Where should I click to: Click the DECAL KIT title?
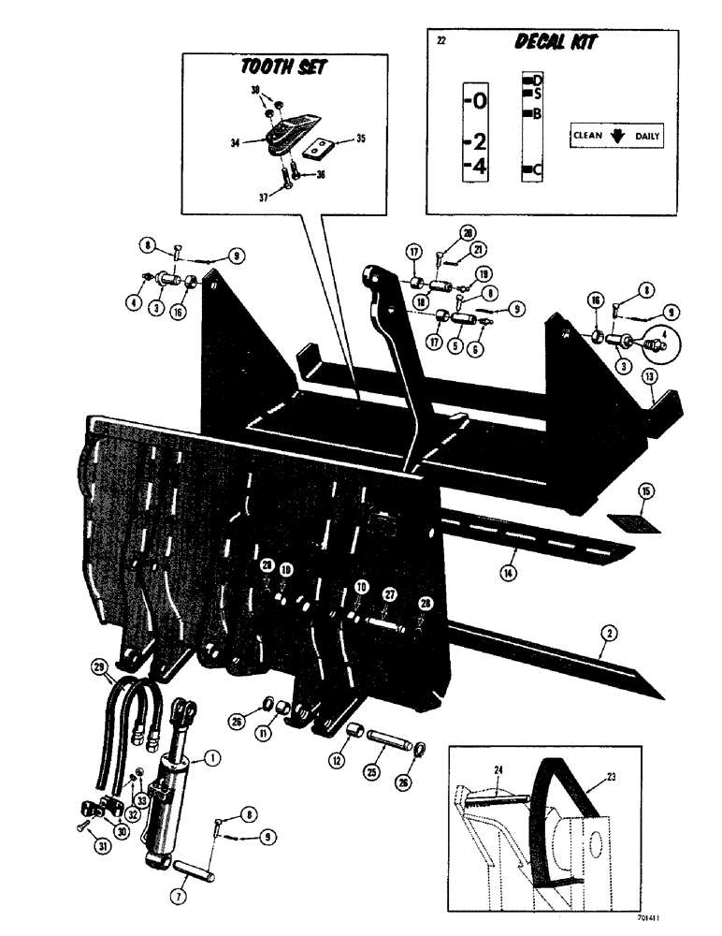coord(558,42)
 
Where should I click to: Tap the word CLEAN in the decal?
coord(587,136)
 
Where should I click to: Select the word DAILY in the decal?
coord(646,136)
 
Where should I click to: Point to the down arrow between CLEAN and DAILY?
coord(617,135)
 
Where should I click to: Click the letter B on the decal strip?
coord(536,113)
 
